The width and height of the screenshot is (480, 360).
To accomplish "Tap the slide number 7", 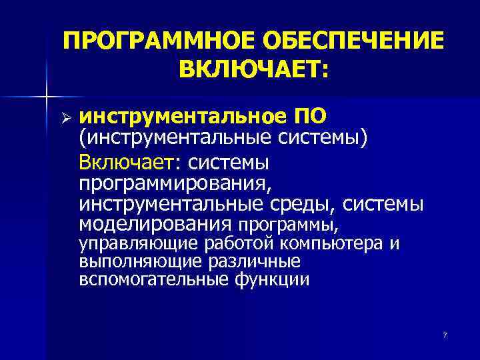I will click(445, 334).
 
